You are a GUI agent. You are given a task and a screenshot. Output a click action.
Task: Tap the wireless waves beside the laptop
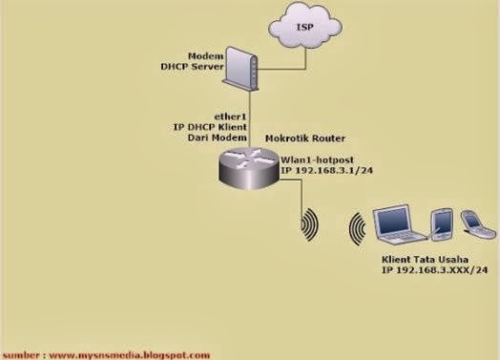pyautogui.click(x=357, y=229)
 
